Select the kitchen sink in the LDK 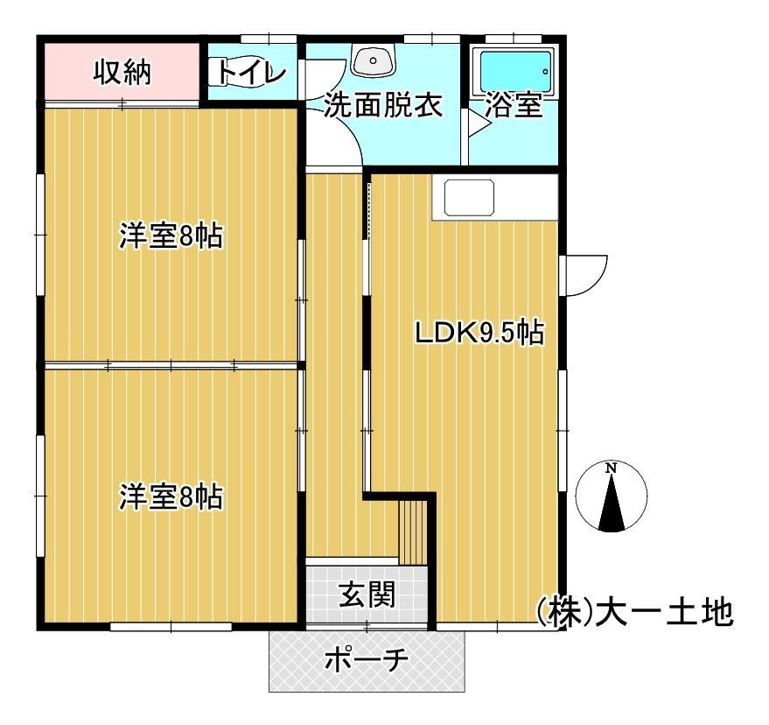[x=469, y=198]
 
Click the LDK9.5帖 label [x=479, y=333]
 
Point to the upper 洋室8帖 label [x=171, y=236]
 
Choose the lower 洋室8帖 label [x=171, y=496]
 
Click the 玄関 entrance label [x=367, y=595]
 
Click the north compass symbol [x=612, y=497]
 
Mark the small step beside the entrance [x=412, y=531]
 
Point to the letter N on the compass [x=612, y=469]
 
